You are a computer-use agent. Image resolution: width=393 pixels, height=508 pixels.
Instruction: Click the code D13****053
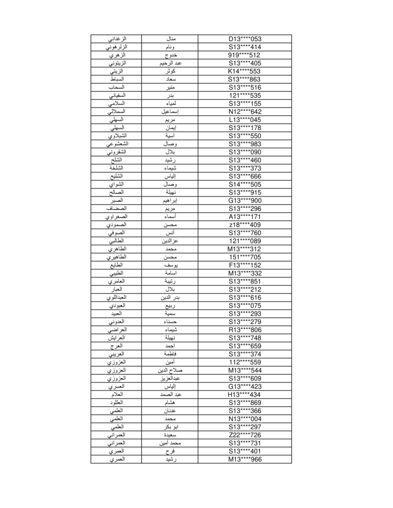pos(245,39)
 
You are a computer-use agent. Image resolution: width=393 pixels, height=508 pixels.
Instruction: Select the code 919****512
pos(245,55)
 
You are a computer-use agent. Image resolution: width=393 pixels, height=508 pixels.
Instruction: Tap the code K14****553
pos(245,71)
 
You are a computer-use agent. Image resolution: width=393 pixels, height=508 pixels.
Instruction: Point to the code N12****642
pos(245,112)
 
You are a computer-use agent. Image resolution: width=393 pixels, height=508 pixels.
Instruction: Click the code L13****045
pos(245,120)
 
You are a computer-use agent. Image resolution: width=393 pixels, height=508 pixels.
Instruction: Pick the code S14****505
pos(245,184)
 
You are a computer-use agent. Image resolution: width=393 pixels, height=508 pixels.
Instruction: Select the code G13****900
pos(245,200)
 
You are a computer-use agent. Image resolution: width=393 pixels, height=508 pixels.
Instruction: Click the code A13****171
pos(245,217)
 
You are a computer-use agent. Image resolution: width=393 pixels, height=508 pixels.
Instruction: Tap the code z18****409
pos(245,225)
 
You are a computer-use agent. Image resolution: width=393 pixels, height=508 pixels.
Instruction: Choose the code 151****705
pos(245,257)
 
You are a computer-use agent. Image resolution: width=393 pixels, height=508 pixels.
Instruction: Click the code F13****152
pos(245,265)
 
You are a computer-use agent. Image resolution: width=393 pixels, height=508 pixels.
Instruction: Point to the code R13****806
pos(245,330)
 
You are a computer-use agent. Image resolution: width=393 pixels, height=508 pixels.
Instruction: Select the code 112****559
pos(245,362)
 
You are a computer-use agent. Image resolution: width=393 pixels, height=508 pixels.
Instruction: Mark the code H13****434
pos(245,394)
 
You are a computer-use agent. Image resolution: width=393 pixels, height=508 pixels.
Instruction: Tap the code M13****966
pos(245,459)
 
